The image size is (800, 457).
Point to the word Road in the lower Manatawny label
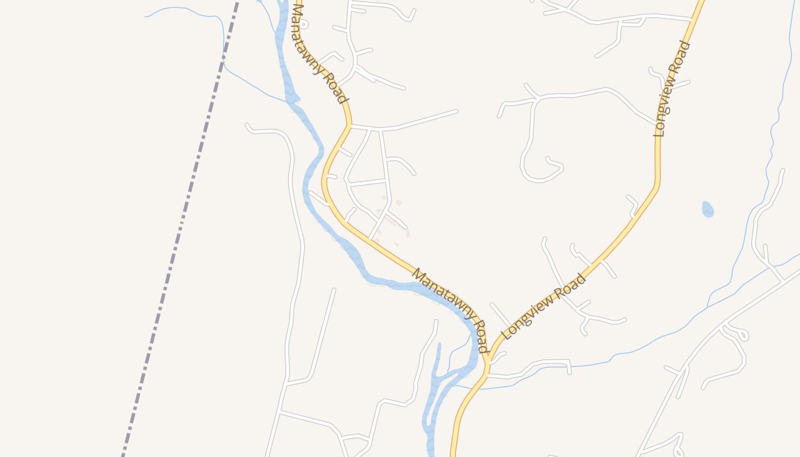click(x=480, y=337)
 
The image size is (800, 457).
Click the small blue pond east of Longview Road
click(x=707, y=210)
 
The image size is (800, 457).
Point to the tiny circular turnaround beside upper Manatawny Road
click(x=305, y=25)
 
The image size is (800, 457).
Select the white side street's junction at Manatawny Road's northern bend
click(x=349, y=126)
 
